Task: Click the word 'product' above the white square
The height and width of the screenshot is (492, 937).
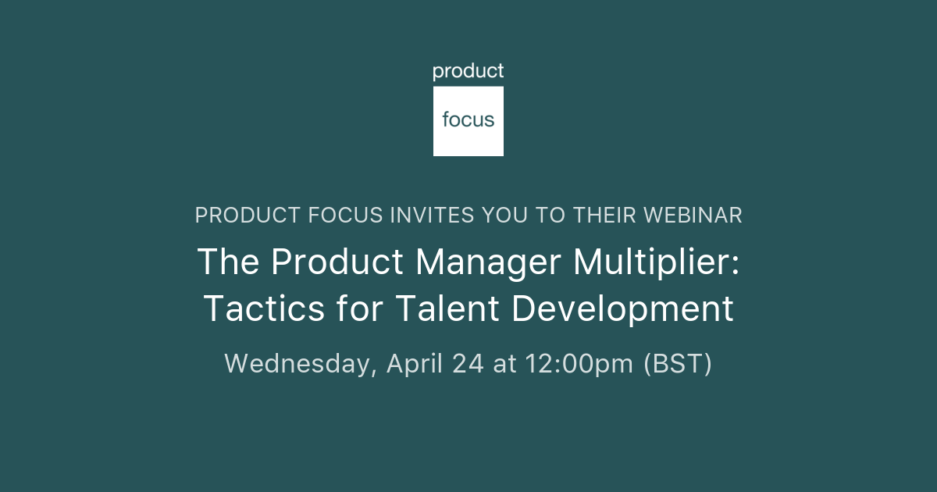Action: pyautogui.click(x=468, y=72)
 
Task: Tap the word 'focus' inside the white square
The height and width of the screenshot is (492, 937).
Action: pyautogui.click(x=468, y=120)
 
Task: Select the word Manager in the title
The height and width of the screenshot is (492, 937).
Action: pyautogui.click(x=487, y=262)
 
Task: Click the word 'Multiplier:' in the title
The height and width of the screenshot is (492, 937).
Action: pyautogui.click(x=656, y=262)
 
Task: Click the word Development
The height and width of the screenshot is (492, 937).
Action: pyautogui.click(x=622, y=308)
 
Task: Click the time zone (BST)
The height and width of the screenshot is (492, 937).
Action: pyautogui.click(x=677, y=364)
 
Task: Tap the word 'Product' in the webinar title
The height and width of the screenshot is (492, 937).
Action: pyautogui.click(x=337, y=262)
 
